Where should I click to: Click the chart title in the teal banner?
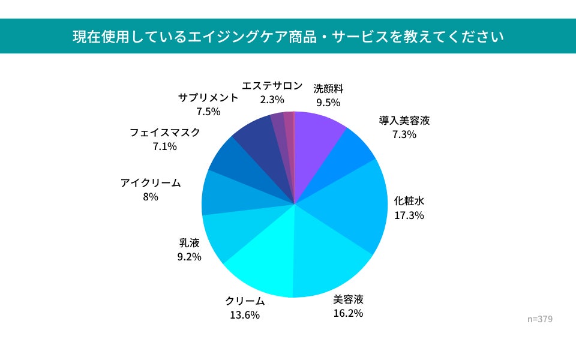pyautogui.click(x=288, y=37)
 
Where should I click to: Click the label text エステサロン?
pyautogui.click(x=272, y=86)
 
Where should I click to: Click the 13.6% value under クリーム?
pyautogui.click(x=245, y=315)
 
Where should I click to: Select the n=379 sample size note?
pyautogui.click(x=540, y=319)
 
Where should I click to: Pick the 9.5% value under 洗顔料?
pyautogui.click(x=328, y=103)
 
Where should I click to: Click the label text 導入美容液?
pyautogui.click(x=404, y=121)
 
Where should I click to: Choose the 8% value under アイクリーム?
pyautogui.click(x=151, y=197)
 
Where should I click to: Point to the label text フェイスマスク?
pyautogui.click(x=165, y=133)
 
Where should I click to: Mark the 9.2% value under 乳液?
pyautogui.click(x=190, y=257)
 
